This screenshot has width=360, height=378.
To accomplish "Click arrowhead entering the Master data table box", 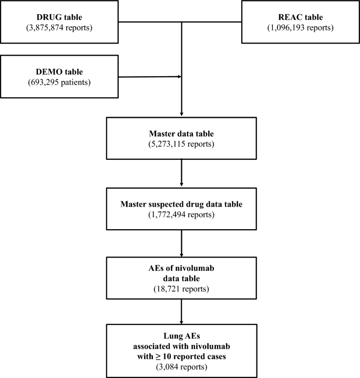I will click(x=181, y=114).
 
